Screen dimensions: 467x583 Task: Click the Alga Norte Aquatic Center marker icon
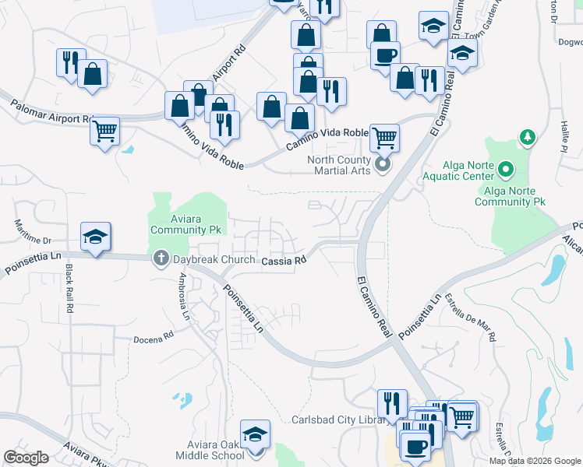tap(506, 168)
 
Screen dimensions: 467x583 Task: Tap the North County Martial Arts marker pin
tap(383, 164)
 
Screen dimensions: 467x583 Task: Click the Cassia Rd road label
tap(281, 262)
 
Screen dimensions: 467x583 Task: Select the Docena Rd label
tap(157, 337)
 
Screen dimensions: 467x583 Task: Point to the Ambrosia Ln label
tap(184, 295)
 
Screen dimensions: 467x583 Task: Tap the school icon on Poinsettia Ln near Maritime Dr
tap(95, 237)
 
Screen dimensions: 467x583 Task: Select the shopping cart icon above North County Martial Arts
tap(384, 138)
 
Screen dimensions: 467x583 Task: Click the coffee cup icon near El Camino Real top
tap(385, 55)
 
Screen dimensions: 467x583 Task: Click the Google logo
tap(26, 458)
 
